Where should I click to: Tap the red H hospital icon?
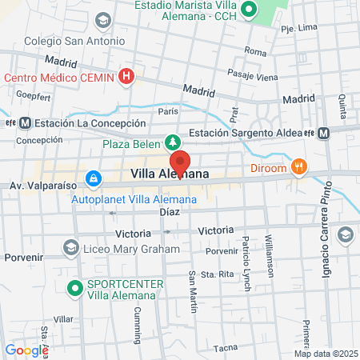126,77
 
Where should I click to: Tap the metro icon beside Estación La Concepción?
25,123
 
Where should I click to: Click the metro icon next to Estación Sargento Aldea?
323,133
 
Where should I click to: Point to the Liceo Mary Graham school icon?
71,250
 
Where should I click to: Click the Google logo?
26,350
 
